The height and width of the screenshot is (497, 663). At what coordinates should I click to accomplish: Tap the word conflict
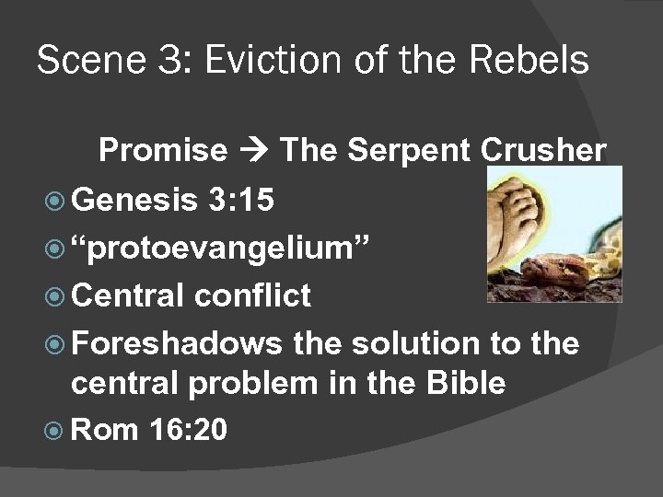(x=252, y=295)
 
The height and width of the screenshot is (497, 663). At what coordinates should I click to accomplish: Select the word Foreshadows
(x=177, y=344)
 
